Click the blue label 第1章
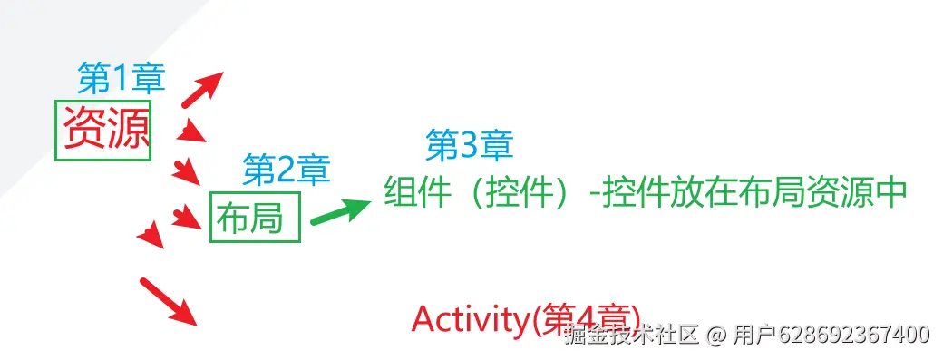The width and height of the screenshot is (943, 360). (x=122, y=80)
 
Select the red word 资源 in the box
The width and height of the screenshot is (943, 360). (x=105, y=131)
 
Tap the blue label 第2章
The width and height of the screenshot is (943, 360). (x=286, y=168)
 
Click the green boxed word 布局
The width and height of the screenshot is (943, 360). (x=250, y=218)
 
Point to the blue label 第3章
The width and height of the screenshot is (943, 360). (x=469, y=144)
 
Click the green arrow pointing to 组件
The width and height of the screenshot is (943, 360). (x=340, y=211)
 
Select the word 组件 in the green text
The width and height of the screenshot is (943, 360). (x=416, y=192)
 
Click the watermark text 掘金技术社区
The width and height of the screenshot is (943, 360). (x=631, y=335)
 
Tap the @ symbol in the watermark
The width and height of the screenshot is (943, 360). (x=715, y=335)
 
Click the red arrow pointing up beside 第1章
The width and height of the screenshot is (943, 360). (x=200, y=88)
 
